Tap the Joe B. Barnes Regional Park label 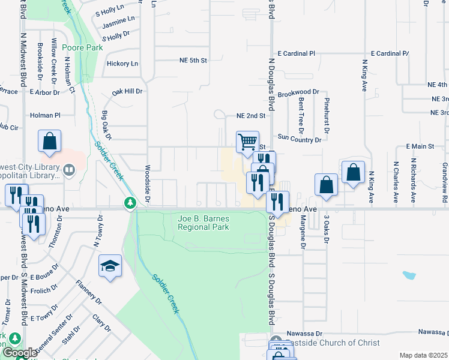tap(203, 223)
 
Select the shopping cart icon tap(247, 142)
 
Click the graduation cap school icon tap(110, 266)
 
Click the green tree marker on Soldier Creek tap(130, 204)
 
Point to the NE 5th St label tap(193, 61)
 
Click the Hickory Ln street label tap(122, 64)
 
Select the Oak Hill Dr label tap(127, 92)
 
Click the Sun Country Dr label tap(299, 139)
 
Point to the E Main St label tap(420, 146)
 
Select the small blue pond tap(409, 276)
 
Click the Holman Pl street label tap(46, 115)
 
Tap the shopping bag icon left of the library tap(49, 142)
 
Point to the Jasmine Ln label tap(118, 26)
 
